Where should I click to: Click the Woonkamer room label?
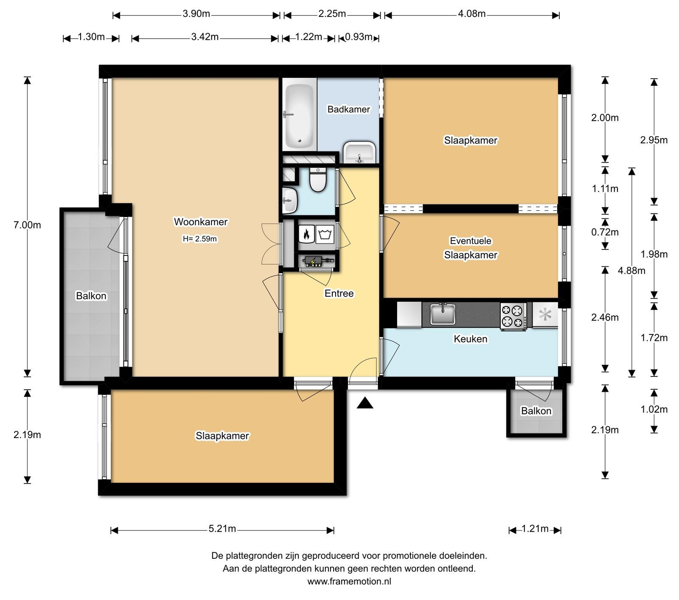point(201,222)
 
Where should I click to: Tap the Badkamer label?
point(348,109)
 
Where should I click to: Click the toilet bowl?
point(317,180)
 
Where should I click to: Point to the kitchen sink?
point(443,314)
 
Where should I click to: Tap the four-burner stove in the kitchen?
point(513,316)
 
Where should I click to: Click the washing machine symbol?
point(325,234)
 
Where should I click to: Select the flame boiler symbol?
point(306,234)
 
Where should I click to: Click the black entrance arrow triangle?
point(365,403)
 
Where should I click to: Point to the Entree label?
point(339,293)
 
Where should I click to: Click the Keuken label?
point(470,339)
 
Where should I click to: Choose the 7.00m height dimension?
point(27,225)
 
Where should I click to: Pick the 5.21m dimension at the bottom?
point(222,529)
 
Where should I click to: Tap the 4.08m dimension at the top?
point(472,14)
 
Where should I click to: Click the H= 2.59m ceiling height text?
point(199,239)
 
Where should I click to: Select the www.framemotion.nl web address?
point(349,581)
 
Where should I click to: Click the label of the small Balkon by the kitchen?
point(536,411)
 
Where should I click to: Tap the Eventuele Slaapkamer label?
point(470,248)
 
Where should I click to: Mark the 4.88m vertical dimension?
point(632,271)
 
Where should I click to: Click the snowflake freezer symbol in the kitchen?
point(545,315)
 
